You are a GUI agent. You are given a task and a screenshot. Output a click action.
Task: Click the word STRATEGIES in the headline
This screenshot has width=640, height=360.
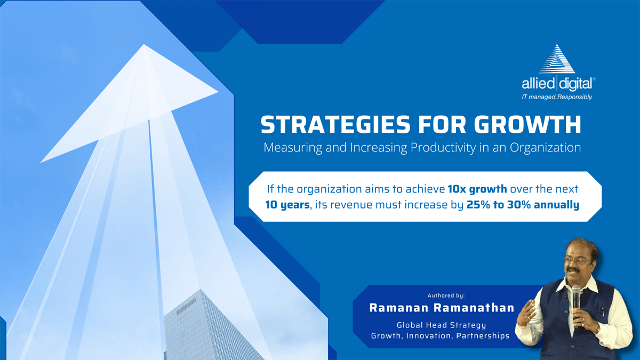click(335, 125)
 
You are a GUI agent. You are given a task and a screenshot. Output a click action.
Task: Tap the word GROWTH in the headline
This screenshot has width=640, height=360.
click(527, 125)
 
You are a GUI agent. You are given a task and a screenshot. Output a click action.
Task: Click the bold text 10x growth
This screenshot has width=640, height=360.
click(477, 189)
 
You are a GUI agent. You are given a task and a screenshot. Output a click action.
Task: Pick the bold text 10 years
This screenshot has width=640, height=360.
click(287, 205)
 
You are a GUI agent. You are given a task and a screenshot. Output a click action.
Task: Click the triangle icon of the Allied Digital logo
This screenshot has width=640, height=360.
click(557, 59)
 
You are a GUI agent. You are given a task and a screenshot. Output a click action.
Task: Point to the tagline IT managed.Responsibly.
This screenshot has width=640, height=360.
click(557, 97)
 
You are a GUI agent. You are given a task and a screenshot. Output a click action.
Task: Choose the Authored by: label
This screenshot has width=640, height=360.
click(446, 295)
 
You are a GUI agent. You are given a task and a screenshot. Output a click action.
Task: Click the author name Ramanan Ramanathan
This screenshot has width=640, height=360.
click(442, 308)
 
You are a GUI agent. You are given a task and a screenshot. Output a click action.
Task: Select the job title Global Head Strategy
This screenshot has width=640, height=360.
click(442, 325)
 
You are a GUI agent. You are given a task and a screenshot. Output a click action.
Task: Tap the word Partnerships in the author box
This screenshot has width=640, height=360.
click(483, 335)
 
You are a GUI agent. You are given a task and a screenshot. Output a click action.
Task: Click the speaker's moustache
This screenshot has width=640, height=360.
click(573, 270)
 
